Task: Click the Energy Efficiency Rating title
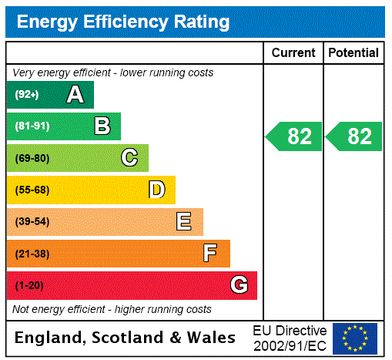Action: [123, 22]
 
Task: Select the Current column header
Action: [293, 53]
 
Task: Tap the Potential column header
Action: [353, 53]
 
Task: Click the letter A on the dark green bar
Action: [75, 95]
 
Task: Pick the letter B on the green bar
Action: [102, 126]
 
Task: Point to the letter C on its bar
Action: [129, 158]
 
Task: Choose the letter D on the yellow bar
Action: [156, 190]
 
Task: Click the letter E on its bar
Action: [184, 222]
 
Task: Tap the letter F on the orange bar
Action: [210, 254]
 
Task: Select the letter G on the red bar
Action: [239, 285]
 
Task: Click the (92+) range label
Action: [27, 95]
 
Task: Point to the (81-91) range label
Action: [32, 126]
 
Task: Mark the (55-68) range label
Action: [32, 190]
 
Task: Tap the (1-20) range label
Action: [29, 285]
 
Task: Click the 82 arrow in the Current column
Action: [294, 136]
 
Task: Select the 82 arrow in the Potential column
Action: [354, 136]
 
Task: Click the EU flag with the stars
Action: [355, 338]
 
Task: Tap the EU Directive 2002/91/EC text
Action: [290, 338]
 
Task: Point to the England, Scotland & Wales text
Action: [126, 338]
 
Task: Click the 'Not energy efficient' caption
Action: [112, 309]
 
